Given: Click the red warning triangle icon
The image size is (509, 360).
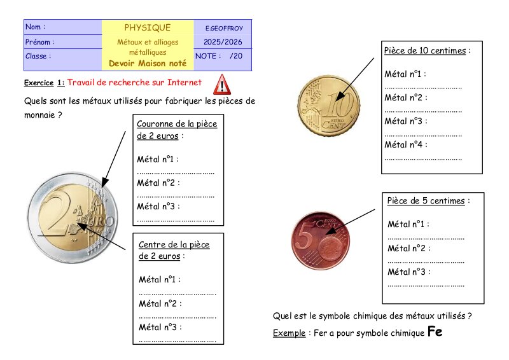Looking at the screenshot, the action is coord(222,85).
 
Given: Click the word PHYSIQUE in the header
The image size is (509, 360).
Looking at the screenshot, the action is coord(148,28).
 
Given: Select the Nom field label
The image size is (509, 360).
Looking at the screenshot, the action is coord(36,27).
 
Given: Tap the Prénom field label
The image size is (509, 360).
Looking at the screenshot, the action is coord(39,42).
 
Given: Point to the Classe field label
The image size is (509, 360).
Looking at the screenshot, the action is coord(38,56).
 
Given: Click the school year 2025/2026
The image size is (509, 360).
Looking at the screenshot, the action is coord(223,42).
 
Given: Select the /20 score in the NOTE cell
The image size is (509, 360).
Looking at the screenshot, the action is coord(236,56).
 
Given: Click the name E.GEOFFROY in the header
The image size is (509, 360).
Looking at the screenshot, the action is coord(224,29).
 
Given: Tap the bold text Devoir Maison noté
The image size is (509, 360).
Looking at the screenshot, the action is coord(148,64).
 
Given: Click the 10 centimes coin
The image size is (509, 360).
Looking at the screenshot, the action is coord(328,106).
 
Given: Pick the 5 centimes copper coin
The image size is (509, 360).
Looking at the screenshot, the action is coord(321,240).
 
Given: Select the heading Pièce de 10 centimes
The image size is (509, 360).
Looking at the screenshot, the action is coord(425,51).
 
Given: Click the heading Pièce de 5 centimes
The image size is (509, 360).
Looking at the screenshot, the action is coord(426,200).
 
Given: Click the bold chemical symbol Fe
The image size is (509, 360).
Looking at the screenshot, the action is coord(435,331).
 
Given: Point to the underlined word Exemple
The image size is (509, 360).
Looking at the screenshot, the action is coord(289,333).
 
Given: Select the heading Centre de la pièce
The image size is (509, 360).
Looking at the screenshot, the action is coord(174,244).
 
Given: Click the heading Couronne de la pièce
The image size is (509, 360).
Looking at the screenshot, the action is coord(177,123).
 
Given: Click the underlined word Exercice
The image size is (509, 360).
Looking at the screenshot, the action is coord(39,83).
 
